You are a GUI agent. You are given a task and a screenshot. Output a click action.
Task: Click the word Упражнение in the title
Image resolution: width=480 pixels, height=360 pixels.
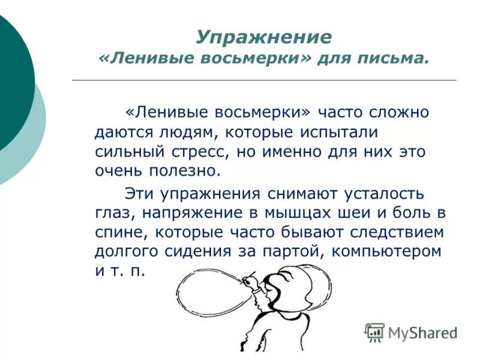point(263,37)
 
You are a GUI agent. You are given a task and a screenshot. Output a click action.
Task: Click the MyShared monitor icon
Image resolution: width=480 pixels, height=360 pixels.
point(374,332)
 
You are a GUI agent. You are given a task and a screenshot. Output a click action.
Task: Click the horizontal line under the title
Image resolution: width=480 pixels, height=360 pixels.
point(264,80)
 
